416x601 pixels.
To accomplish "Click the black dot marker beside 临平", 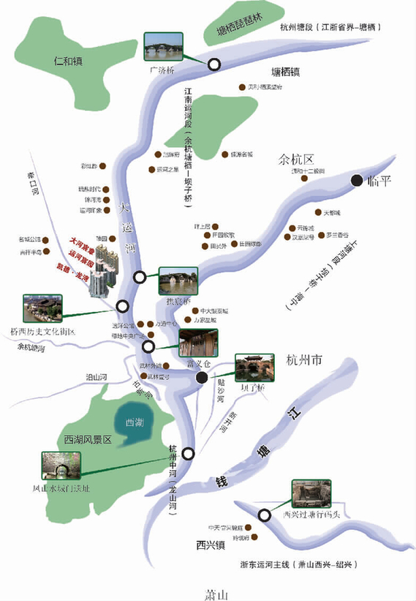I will click(356, 180).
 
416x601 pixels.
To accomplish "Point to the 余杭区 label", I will click(295, 159).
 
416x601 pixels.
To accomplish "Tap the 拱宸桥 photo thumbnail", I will click(178, 281).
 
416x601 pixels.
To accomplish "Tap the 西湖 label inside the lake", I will click(135, 423).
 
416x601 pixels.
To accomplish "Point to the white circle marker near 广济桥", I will click(214, 64).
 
